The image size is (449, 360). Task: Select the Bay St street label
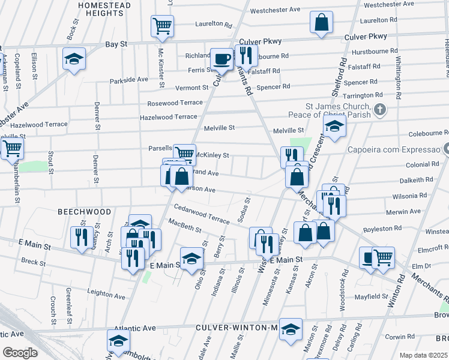pos(116,44)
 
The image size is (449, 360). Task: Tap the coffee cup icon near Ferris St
pos(222,59)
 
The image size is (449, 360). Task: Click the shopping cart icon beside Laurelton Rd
pos(162,26)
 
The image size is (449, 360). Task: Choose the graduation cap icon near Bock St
pos(74,58)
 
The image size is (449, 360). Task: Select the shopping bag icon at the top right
pos(322,22)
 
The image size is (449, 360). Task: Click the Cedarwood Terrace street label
pos(201,214)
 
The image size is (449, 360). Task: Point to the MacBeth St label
pos(185,227)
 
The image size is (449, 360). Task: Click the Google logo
pos(19,352)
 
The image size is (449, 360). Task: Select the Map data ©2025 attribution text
pos(423,355)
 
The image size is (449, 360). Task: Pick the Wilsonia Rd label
pos(411,195)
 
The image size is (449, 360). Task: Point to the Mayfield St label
pos(370,296)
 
